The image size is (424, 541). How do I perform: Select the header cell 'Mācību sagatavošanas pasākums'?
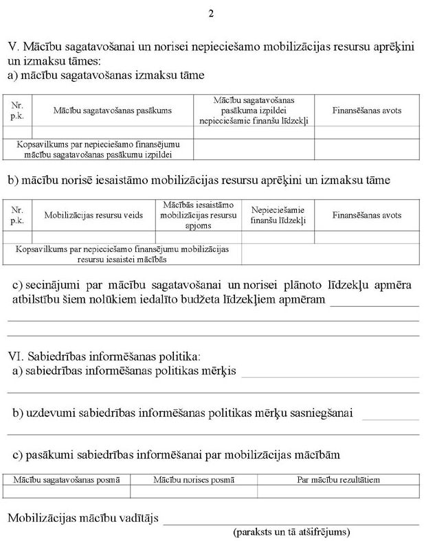click(x=113, y=110)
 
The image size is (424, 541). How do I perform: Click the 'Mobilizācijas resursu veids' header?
click(x=93, y=215)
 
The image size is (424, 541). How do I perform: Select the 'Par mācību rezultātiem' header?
click(x=338, y=479)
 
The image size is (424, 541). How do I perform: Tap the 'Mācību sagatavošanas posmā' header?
click(x=67, y=479)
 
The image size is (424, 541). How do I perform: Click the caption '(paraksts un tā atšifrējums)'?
click(x=292, y=532)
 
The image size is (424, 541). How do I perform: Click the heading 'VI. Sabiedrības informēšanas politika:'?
click(x=104, y=356)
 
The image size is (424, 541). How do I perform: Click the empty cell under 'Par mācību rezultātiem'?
click(x=338, y=492)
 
